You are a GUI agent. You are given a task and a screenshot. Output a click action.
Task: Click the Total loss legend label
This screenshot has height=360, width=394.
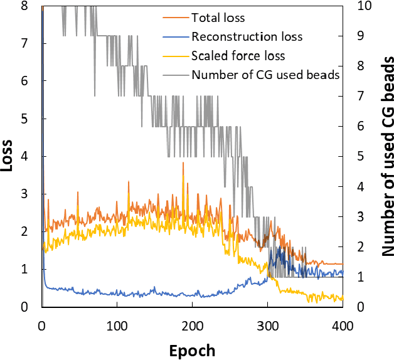[x=218, y=18]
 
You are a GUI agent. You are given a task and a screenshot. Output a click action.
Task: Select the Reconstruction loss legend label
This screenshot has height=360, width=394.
[x=247, y=36]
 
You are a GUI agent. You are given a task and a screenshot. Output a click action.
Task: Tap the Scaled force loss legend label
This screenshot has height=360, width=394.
[x=238, y=55]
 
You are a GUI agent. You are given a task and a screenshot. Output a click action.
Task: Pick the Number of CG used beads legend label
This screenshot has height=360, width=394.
[x=265, y=75]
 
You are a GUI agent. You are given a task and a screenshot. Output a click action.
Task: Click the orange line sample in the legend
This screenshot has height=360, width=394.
[x=176, y=18]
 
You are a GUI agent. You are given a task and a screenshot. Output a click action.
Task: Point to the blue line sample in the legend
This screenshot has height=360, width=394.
[x=176, y=36]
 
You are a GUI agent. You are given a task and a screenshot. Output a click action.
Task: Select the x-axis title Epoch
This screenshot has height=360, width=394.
[x=192, y=349]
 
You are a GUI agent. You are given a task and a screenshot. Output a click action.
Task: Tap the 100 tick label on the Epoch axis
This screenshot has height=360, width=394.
[x=117, y=326]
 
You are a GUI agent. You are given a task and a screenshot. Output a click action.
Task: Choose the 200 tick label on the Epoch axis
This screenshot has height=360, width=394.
[x=192, y=326]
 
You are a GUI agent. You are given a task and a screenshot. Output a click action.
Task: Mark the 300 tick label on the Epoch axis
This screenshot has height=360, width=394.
[x=267, y=326]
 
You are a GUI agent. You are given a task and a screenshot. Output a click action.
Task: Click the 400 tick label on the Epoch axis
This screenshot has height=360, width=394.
[x=343, y=326]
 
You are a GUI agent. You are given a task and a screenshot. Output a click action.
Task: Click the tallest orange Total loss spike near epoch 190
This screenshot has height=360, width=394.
[x=183, y=163]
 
